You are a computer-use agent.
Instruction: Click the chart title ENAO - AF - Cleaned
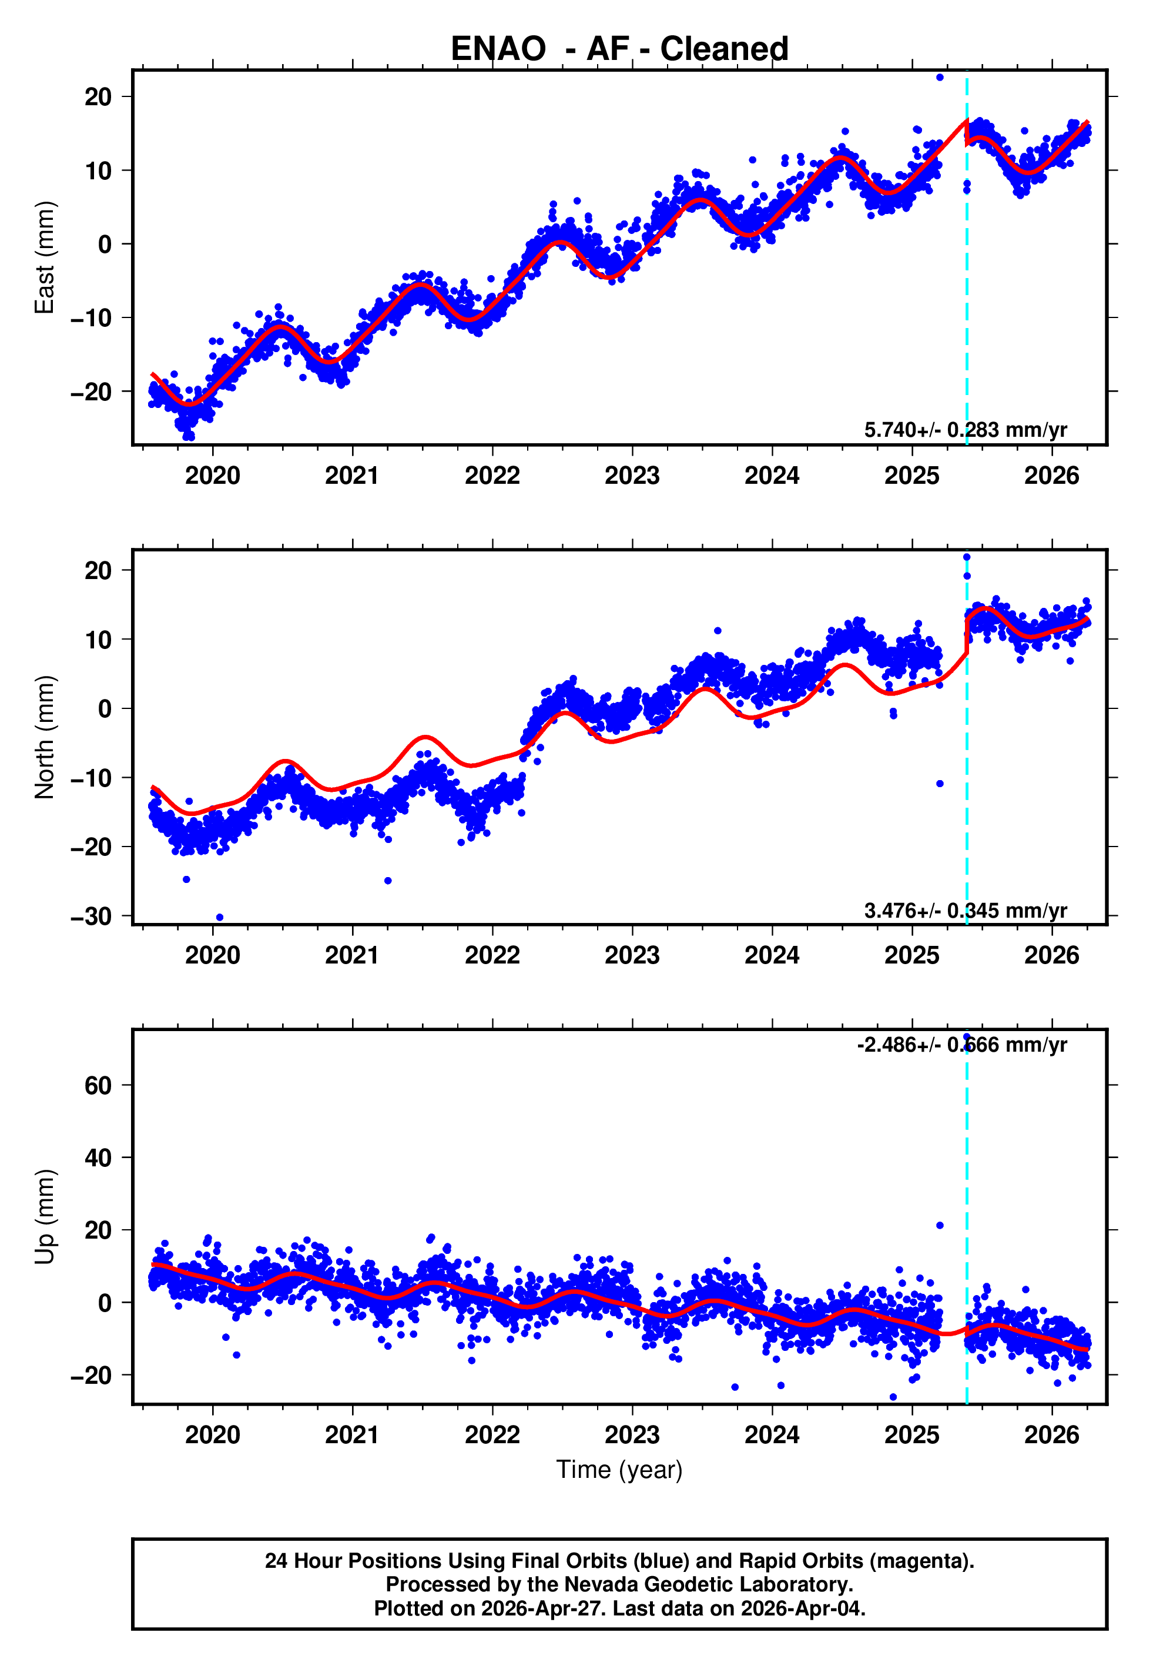pos(619,49)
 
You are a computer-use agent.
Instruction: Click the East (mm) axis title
pos(45,257)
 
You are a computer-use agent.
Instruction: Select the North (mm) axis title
pos(45,737)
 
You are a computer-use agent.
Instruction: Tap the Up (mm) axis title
pos(45,1217)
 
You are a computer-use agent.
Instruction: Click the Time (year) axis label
pos(619,1470)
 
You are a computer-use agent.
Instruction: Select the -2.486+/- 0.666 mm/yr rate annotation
pos(961,1045)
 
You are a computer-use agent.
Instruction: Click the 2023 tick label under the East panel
pos(632,476)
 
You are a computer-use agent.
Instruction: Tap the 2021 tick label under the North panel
pos(352,955)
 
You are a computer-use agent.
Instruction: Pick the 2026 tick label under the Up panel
pos(1052,1435)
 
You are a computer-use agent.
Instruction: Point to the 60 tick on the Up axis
pos(98,1085)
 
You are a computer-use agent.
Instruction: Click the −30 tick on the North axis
pos(91,916)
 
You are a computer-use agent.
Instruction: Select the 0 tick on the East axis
pos(105,244)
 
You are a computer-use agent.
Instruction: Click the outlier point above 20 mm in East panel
pos(940,77)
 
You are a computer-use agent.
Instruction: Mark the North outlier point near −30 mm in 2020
pos(220,918)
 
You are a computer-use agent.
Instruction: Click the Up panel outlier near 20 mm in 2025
pos(940,1225)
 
